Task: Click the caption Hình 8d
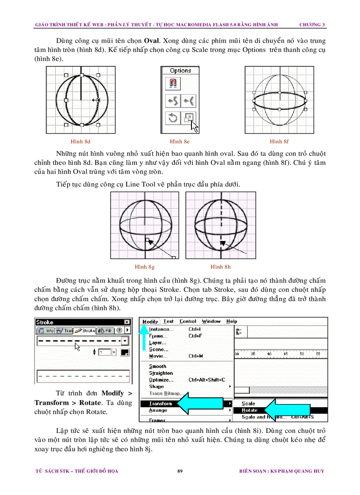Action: click(81, 141)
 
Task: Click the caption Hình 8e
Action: click(180, 141)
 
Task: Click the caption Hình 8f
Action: click(279, 141)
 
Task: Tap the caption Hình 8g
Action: click(145, 267)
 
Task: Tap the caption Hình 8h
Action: click(221, 267)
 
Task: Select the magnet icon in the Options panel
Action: click(173, 83)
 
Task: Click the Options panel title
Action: click(180, 71)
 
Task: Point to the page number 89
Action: click(180, 471)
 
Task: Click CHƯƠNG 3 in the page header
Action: click(312, 25)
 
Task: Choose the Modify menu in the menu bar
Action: click(150, 321)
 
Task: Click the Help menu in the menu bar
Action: click(232, 321)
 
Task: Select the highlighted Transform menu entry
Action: click(161, 403)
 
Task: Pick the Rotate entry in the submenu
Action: click(250, 410)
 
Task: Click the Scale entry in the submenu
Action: click(248, 403)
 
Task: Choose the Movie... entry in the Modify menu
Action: click(158, 356)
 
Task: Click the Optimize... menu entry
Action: click(161, 380)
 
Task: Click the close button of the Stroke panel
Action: click(127, 322)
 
